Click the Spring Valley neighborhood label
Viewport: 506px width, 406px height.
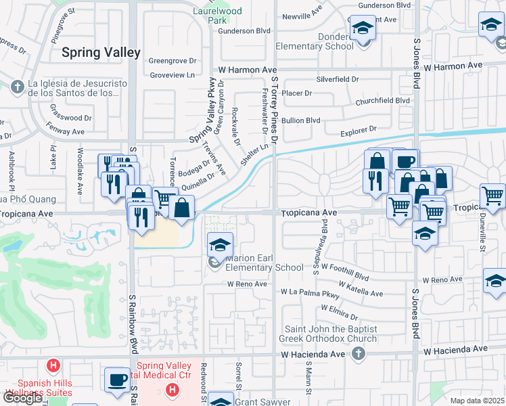pos(101,52)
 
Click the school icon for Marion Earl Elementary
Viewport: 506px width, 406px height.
pos(220,246)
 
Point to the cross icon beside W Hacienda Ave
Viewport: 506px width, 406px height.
pos(359,353)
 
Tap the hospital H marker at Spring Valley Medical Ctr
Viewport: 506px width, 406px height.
pos(172,390)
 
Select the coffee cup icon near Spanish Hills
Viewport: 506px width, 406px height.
pos(118,380)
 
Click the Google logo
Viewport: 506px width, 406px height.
pos(22,398)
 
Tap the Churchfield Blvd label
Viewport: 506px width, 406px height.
pos(383,100)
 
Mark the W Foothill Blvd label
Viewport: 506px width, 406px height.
pos(345,276)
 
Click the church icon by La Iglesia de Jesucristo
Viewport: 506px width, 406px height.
pos(18,86)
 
